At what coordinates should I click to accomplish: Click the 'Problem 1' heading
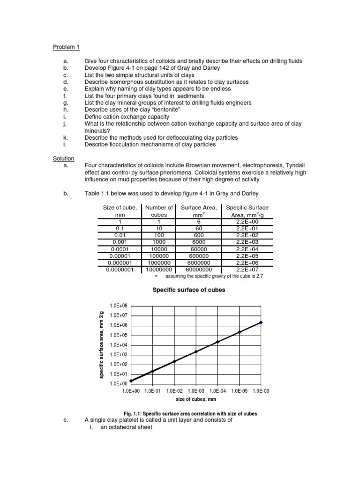click(x=66, y=47)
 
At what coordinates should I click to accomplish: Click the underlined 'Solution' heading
click(x=63, y=159)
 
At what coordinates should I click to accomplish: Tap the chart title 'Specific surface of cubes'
click(x=189, y=290)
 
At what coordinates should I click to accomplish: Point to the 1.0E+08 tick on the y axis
click(x=118, y=306)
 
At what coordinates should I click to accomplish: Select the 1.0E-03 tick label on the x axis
click(x=196, y=390)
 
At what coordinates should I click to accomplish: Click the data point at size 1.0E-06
click(x=261, y=322)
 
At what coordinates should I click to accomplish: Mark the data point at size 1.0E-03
click(x=196, y=352)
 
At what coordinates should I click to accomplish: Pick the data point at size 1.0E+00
click(x=131, y=381)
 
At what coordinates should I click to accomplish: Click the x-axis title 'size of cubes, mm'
click(x=196, y=399)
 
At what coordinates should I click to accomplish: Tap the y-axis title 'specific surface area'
click(x=102, y=345)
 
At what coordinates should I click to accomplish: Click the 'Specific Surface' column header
click(x=247, y=207)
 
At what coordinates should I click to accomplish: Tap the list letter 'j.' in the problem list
click(x=65, y=123)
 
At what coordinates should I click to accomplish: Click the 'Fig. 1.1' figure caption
click(x=190, y=414)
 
